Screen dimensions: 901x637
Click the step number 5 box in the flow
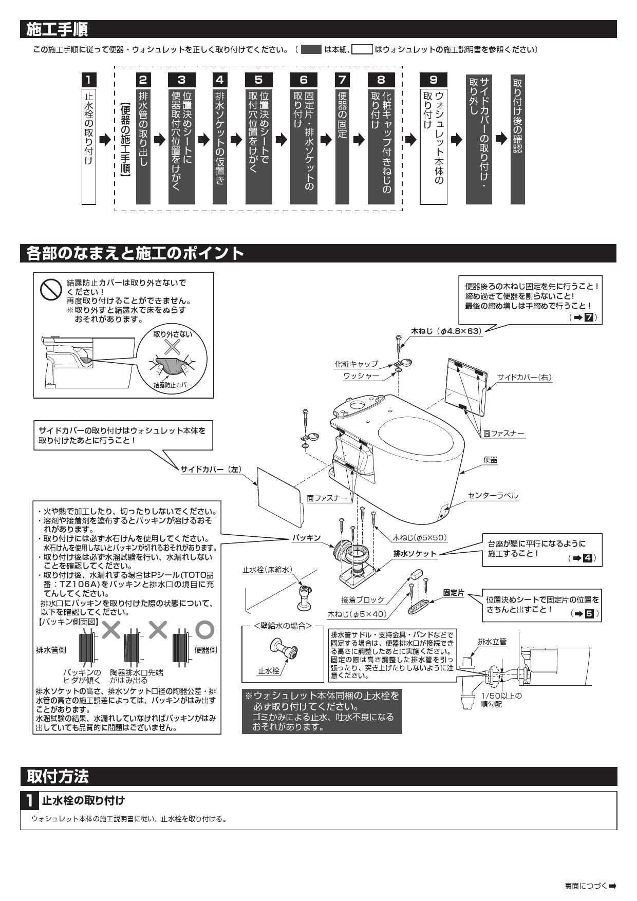click(x=259, y=80)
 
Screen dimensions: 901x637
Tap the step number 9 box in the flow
click(x=434, y=80)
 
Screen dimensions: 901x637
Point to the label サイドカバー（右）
click(x=524, y=378)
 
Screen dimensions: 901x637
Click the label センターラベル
click(x=493, y=496)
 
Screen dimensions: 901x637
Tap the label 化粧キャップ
click(x=356, y=364)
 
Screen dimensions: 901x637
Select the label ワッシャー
click(x=361, y=376)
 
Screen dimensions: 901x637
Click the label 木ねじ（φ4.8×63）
click(x=446, y=331)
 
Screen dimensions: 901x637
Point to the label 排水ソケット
click(x=415, y=554)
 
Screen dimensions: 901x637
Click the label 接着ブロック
click(x=362, y=599)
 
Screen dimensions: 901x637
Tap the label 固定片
click(x=454, y=593)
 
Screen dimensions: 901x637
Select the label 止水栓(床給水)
click(x=267, y=569)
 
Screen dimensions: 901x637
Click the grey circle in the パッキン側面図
click(x=204, y=629)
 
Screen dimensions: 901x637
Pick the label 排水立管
click(x=492, y=642)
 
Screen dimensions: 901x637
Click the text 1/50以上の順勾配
click(x=501, y=700)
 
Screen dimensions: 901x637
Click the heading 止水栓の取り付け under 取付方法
click(x=83, y=800)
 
